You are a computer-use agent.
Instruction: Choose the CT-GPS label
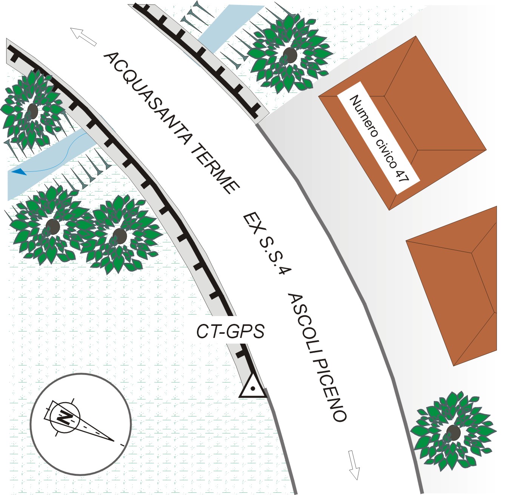pos(230,331)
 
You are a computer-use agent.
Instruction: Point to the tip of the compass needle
pos(113,440)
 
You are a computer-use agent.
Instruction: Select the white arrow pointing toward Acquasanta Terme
pos(83,37)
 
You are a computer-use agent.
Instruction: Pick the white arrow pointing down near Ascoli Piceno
pos(354,465)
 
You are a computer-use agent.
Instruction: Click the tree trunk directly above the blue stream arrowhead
pos(32,111)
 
